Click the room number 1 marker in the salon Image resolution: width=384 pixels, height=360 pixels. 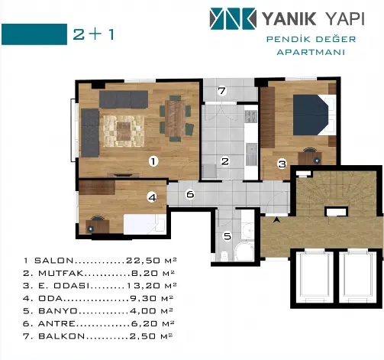(153, 161)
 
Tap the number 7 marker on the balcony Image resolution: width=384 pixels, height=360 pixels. (222, 91)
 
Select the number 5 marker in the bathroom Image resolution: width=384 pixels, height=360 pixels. (227, 236)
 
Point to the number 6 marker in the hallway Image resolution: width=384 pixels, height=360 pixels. (190, 194)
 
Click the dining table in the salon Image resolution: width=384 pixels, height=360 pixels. (175, 118)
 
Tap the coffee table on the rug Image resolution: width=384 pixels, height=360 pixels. (124, 131)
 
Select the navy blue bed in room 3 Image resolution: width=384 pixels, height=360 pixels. (311, 115)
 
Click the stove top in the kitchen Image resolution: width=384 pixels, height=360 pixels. (251, 117)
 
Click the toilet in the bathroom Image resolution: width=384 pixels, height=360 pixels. (224, 255)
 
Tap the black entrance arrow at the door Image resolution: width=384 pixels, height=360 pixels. (276, 219)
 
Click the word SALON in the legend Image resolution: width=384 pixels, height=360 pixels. (54, 261)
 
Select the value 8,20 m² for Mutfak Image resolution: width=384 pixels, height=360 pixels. (153, 273)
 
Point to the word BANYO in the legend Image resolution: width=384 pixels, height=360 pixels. (58, 311)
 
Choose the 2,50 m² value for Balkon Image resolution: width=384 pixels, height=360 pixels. (151, 336)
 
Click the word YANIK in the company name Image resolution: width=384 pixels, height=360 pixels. (289, 19)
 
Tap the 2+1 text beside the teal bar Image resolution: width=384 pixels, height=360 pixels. (93, 34)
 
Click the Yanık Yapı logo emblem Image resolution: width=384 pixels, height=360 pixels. (233, 18)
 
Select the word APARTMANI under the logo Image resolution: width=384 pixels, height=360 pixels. (311, 52)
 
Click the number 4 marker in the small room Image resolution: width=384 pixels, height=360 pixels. (152, 197)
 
